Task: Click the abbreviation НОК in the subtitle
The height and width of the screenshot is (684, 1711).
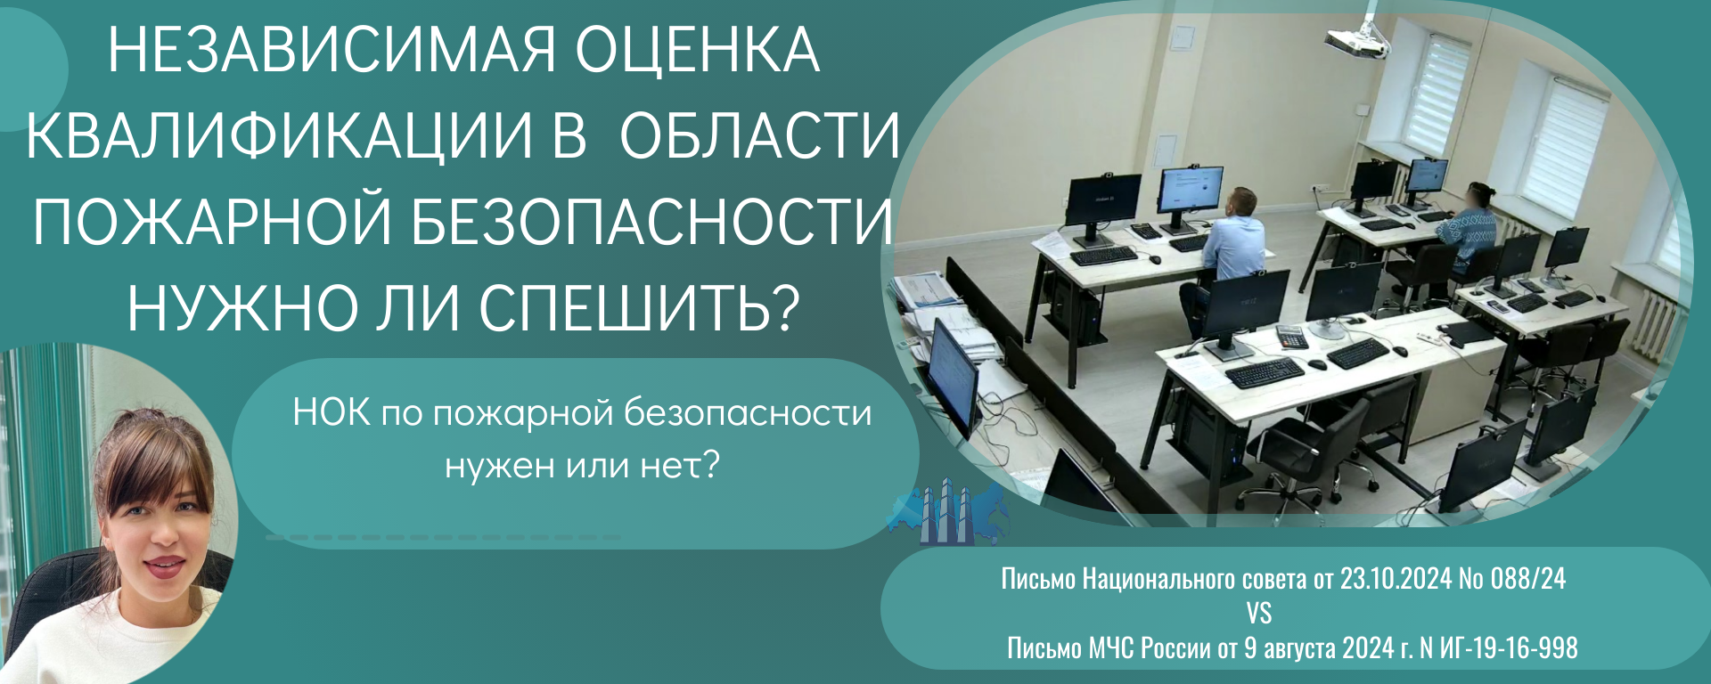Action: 332,413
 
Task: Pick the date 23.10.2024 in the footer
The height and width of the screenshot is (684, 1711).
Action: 1396,579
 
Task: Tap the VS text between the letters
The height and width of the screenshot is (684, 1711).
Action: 1259,614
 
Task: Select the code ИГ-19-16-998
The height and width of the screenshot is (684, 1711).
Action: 1509,647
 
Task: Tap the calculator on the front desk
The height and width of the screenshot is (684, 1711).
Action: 1291,337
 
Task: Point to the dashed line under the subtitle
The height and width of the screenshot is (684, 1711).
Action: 443,538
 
